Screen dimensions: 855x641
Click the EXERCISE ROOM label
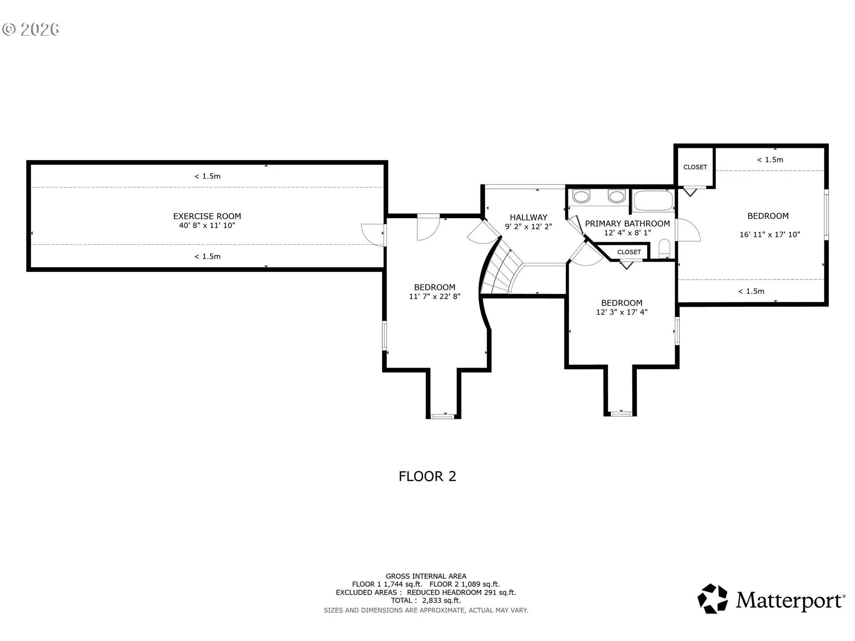click(x=207, y=216)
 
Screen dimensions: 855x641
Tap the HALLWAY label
click(x=529, y=218)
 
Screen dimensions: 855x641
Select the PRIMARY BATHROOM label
click(x=627, y=224)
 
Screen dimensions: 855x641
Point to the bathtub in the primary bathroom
click(x=653, y=201)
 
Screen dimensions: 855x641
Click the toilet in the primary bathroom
click(x=664, y=249)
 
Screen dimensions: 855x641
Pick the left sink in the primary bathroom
click(x=581, y=196)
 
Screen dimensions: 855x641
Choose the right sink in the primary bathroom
click(x=617, y=196)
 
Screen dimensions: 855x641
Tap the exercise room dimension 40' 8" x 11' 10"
click(x=207, y=226)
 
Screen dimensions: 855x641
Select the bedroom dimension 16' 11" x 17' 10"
click(x=770, y=235)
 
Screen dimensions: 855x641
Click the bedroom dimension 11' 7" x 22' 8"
click(x=435, y=296)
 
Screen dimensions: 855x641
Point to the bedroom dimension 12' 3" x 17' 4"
click(x=622, y=312)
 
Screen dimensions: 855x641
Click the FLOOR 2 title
click(x=427, y=476)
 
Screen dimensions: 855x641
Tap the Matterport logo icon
click(x=712, y=599)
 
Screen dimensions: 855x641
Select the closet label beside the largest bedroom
click(x=695, y=167)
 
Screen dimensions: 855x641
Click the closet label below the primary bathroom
click(x=629, y=252)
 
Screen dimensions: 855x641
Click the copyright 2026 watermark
click(x=31, y=29)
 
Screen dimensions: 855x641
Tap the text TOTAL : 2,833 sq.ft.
click(x=426, y=600)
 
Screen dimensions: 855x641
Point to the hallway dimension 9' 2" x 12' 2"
click(x=529, y=227)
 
